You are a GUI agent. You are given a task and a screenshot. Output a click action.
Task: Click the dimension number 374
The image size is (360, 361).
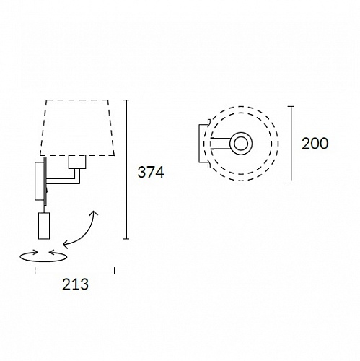click(x=151, y=173)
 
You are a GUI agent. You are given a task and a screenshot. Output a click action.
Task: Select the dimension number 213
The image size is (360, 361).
click(x=75, y=284)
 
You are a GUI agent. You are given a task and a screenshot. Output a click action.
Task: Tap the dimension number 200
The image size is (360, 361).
click(x=315, y=144)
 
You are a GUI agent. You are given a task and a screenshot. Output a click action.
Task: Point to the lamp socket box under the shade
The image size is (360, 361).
click(x=77, y=162)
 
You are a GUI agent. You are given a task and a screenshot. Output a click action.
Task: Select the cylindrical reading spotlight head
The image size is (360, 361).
click(x=44, y=226)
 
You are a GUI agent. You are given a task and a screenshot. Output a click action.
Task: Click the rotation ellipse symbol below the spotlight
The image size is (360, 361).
click(x=43, y=261)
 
